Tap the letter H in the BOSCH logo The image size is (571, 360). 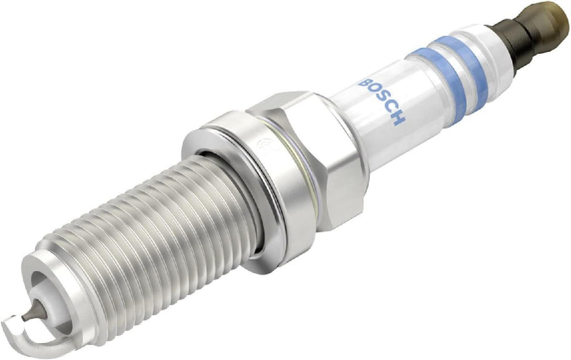pos(398,118)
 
